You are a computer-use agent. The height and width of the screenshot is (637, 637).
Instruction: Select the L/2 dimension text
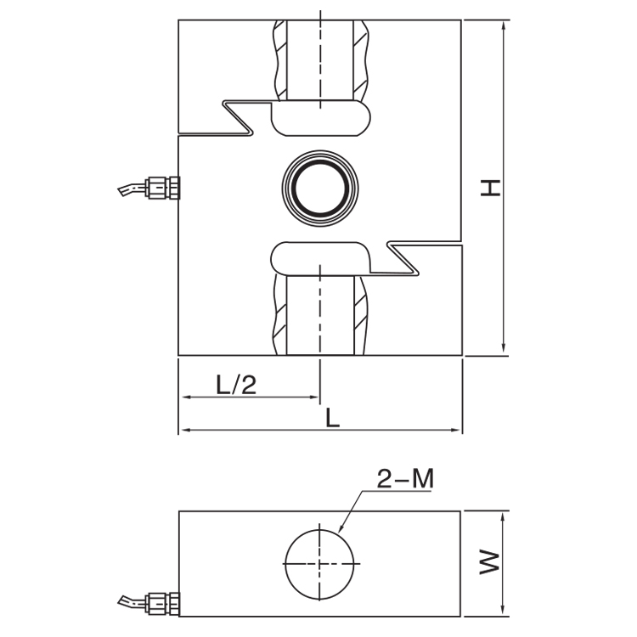pos(235,385)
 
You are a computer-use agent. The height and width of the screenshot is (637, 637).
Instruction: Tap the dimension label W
pos(488,562)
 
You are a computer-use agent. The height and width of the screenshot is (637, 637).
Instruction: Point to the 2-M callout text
pos(405,479)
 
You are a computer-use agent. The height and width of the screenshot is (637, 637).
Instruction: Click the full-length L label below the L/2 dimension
pos(333,418)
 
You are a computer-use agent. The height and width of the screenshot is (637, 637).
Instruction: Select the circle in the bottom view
pos(319,563)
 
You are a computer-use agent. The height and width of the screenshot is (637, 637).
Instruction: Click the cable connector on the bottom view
pos(163,604)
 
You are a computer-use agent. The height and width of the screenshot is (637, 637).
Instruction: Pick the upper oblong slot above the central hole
pos(322,119)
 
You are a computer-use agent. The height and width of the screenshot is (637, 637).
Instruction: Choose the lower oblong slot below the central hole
pos(320,256)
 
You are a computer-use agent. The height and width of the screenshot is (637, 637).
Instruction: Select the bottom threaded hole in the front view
pos(320,314)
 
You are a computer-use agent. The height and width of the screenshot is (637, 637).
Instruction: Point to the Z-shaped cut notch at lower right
pos(403,258)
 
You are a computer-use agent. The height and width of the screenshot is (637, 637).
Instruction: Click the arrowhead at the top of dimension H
pos(505,25)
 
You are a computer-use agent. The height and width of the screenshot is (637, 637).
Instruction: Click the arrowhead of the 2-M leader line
pos(341,528)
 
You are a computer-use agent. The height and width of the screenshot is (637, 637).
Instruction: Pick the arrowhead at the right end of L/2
pos(314,397)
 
